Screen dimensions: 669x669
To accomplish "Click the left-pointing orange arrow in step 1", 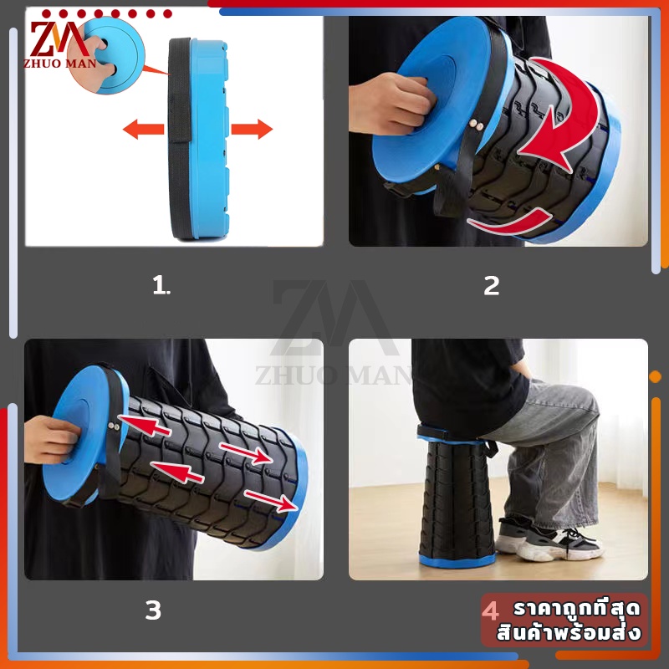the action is (x=143, y=130).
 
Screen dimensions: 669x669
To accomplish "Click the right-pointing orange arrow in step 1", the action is (x=252, y=130).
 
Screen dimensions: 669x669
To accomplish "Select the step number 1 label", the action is (x=161, y=285).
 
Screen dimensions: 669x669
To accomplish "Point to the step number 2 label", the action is (x=492, y=286).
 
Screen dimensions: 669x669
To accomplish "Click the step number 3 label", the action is (x=153, y=610).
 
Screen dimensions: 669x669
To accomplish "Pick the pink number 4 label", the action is (x=490, y=610).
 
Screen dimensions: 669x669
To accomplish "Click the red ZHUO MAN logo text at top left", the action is (x=59, y=64).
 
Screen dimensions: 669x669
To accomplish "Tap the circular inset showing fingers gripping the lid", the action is (x=106, y=55).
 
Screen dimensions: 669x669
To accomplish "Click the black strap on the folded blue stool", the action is (x=180, y=139).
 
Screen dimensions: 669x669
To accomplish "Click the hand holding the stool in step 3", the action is (x=52, y=440).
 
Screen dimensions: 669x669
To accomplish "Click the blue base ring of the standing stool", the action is (x=457, y=559).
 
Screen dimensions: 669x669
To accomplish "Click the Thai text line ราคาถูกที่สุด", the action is (x=577, y=609).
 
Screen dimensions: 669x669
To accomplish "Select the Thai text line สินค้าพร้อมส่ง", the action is (x=569, y=632).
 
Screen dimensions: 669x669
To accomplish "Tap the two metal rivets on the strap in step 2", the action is (x=477, y=125).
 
